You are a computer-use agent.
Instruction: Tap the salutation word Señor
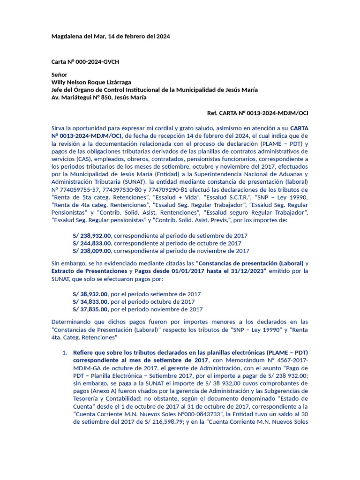pos(59,75)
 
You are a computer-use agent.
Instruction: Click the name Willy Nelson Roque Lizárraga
pos(91,82)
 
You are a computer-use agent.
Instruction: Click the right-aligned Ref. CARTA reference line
pos(257,113)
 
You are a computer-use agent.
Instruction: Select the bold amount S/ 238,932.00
pos(92,236)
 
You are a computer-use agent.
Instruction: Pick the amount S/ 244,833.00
pos(92,243)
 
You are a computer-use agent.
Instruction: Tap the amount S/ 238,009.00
pos(92,251)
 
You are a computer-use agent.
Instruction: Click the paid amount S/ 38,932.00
pos(90,294)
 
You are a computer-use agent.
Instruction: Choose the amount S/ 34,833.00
pos(90,302)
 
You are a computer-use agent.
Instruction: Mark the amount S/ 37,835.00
pos(90,309)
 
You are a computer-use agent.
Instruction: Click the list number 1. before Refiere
pos(65,352)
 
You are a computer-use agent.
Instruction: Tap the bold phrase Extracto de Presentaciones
pos(89,271)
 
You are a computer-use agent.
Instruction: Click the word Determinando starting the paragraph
pos(71,322)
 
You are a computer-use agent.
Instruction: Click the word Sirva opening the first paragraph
pos(59,127)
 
